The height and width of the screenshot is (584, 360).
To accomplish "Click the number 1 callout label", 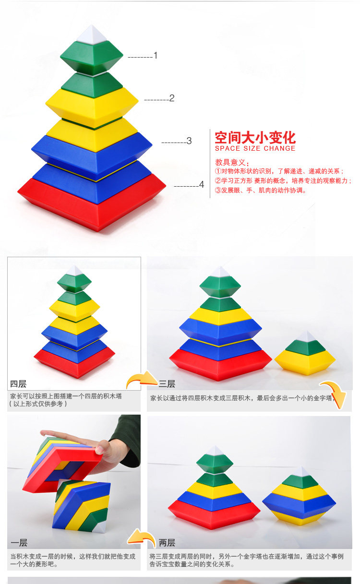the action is click(156, 55).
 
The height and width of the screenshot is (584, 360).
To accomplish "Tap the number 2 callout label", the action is click(172, 98).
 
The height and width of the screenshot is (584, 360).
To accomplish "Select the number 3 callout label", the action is click(189, 141).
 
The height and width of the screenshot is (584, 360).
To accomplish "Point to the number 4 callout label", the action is click(202, 184).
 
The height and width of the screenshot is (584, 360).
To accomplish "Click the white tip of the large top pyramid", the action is click(92, 34).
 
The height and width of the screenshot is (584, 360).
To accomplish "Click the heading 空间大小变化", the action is click(255, 137).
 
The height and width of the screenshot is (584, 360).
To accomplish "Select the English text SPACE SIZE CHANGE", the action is click(255, 148).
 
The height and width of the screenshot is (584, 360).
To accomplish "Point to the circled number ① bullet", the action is click(218, 171).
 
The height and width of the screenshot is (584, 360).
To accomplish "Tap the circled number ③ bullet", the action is click(218, 191).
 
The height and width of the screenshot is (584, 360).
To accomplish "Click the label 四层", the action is click(18, 384).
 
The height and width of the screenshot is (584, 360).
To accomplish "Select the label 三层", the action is click(167, 384).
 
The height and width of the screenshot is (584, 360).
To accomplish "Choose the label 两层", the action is click(167, 543).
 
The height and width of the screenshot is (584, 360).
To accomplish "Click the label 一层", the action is click(19, 543).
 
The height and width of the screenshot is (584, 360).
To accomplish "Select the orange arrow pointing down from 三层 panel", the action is click(335, 394).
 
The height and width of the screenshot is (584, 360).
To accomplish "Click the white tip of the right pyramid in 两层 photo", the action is click(301, 472).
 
